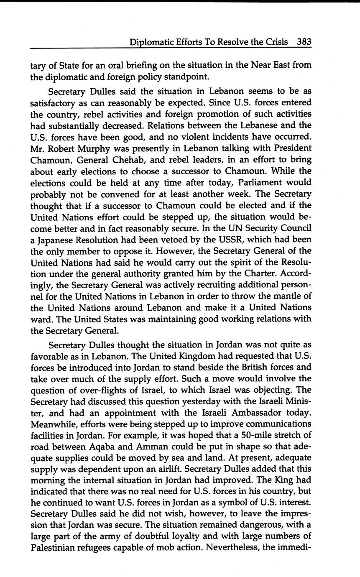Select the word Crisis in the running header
point(276,42)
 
